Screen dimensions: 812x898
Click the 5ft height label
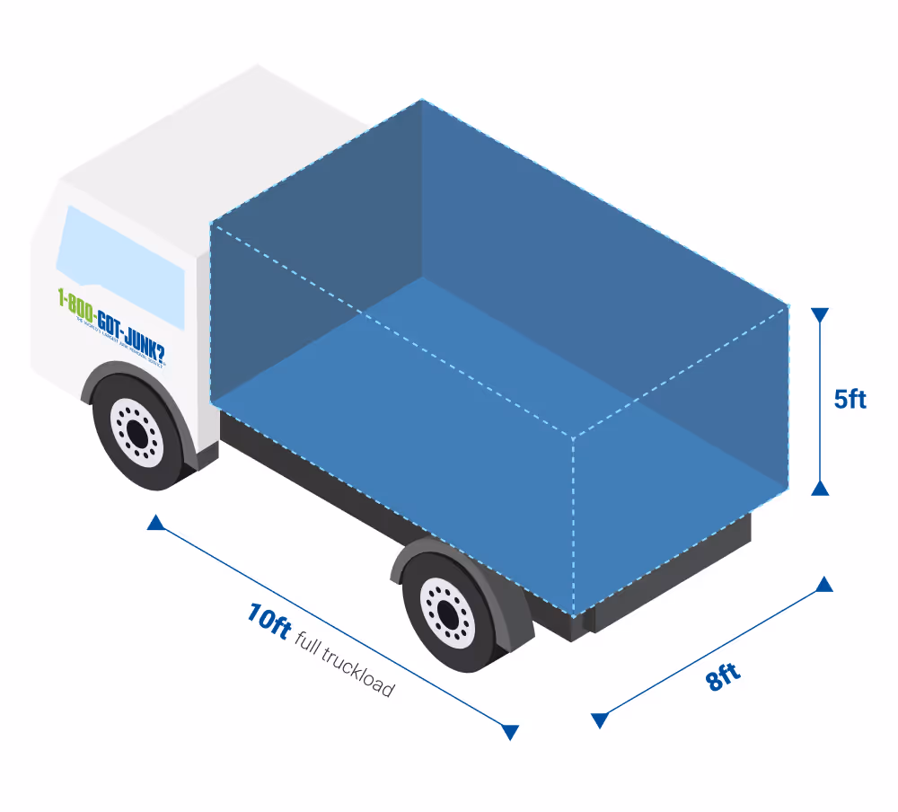pos(850,399)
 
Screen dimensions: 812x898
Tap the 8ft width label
pos(724,676)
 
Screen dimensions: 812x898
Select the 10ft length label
pos(269,621)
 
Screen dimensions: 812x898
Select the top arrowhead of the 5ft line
pos(819,315)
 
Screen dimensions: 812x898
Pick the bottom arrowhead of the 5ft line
pos(819,488)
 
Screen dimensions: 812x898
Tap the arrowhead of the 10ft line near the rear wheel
pos(510,732)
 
